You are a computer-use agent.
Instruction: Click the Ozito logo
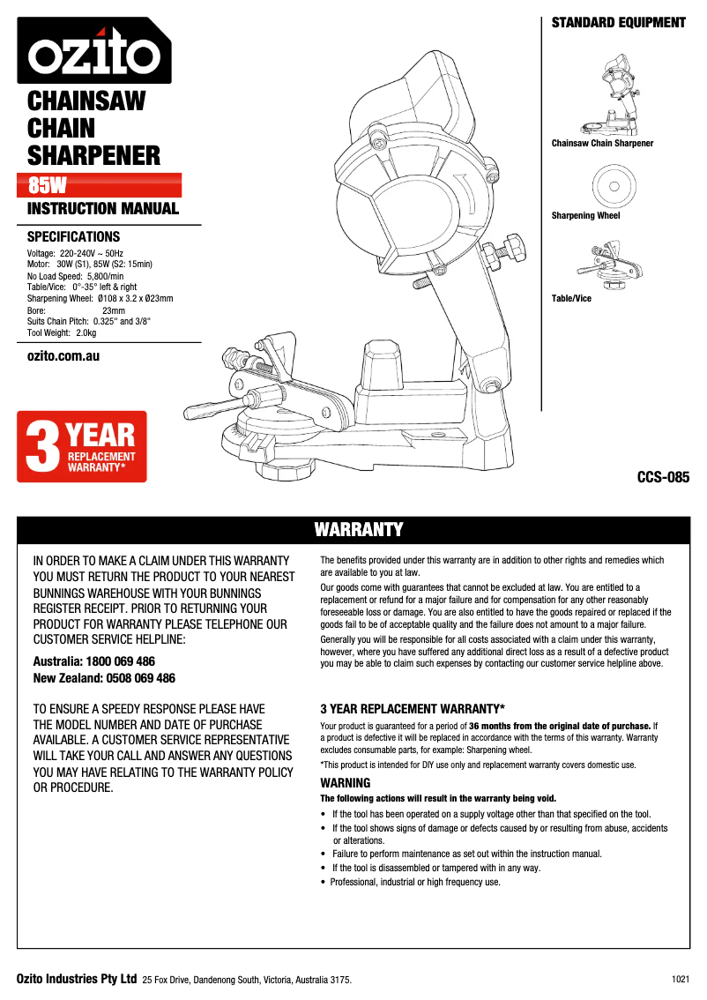click(93, 52)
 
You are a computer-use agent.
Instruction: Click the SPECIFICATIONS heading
click(74, 237)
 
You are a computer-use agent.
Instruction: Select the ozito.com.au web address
click(63, 355)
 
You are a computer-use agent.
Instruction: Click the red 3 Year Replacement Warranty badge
click(82, 446)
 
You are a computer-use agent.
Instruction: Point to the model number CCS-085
click(663, 478)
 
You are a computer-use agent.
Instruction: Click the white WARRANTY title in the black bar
click(359, 529)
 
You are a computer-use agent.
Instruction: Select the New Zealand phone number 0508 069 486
click(133, 678)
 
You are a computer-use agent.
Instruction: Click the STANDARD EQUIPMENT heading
click(618, 23)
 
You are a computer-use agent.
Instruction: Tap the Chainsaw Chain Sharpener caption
click(602, 143)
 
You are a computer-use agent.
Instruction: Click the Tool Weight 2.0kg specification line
click(62, 332)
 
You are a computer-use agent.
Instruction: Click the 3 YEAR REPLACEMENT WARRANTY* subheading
click(412, 708)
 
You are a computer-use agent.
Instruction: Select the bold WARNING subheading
click(345, 783)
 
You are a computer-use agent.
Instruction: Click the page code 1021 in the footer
click(680, 979)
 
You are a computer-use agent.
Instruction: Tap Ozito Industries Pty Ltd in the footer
click(77, 979)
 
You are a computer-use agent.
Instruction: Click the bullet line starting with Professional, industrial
click(415, 882)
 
